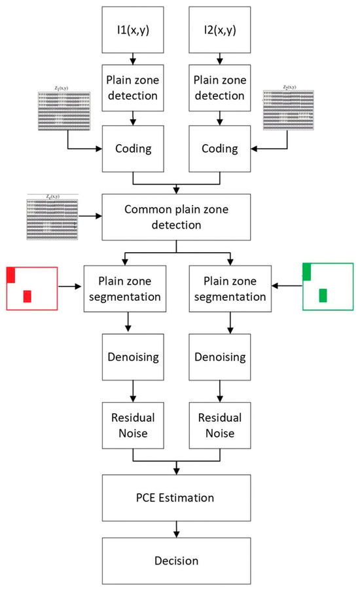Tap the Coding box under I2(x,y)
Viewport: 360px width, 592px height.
pos(220,149)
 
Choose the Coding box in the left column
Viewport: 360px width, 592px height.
pos(134,149)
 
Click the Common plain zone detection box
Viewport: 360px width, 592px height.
pos(176,218)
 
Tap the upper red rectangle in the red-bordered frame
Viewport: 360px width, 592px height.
pos(10,274)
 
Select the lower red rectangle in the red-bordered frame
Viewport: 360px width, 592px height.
pos(27,296)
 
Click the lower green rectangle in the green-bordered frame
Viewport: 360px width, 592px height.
pos(323,295)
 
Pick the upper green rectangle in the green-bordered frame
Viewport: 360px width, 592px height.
pos(306,271)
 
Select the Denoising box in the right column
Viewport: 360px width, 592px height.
pos(220,358)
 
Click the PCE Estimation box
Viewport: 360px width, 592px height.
pos(176,498)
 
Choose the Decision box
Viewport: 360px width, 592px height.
pos(176,561)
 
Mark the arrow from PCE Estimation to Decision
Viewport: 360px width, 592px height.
pos(176,529)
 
